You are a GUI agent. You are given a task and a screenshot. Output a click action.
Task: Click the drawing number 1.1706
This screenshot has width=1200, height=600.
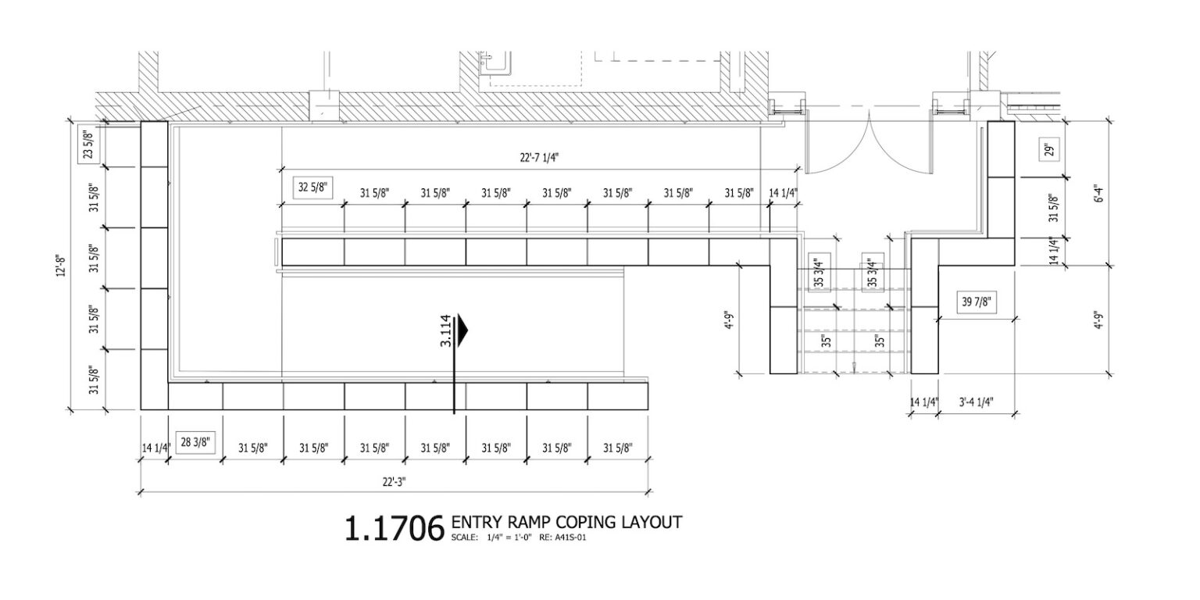pos(394,529)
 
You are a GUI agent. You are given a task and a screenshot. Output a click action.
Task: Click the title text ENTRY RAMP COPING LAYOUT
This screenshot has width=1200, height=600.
pos(567,522)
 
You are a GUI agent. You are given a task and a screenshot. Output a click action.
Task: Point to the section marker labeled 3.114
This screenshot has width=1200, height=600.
pos(446,330)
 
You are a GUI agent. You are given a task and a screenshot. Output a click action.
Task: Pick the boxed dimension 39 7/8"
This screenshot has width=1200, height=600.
pos(980,302)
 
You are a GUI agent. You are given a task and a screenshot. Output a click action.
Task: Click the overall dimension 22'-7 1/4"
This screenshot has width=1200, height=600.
pos(539,157)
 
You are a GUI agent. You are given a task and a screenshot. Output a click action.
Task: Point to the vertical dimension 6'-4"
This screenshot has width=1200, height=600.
pos(1100,193)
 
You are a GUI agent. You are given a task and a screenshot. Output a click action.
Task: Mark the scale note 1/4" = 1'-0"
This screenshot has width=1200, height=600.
pos(505,538)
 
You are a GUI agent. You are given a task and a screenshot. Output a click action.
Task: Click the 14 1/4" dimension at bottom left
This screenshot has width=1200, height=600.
pos(154,448)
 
